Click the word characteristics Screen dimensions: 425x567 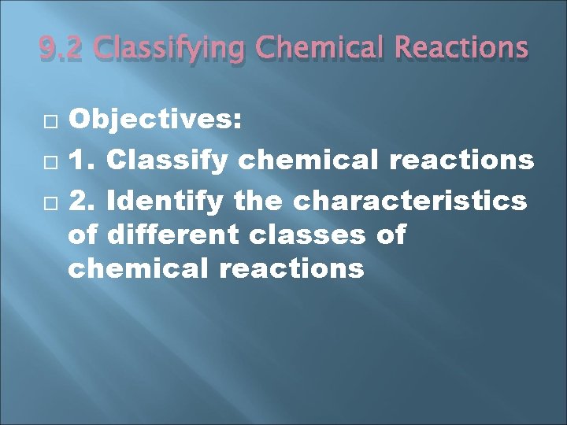click(409, 201)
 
